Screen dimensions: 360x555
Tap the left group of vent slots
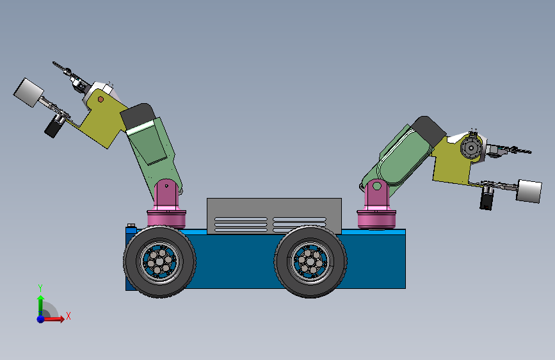[x=241, y=224]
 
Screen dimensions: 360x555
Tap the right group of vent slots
[x=300, y=224]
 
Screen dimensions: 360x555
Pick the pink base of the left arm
[x=167, y=217]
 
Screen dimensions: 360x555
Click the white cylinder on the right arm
[x=529, y=191]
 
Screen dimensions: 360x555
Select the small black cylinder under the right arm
[x=487, y=200]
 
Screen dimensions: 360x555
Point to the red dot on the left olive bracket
[x=100, y=99]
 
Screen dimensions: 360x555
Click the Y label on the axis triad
[x=40, y=288]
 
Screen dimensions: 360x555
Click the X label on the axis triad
[x=68, y=316]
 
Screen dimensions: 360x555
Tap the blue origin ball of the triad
[x=40, y=318]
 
